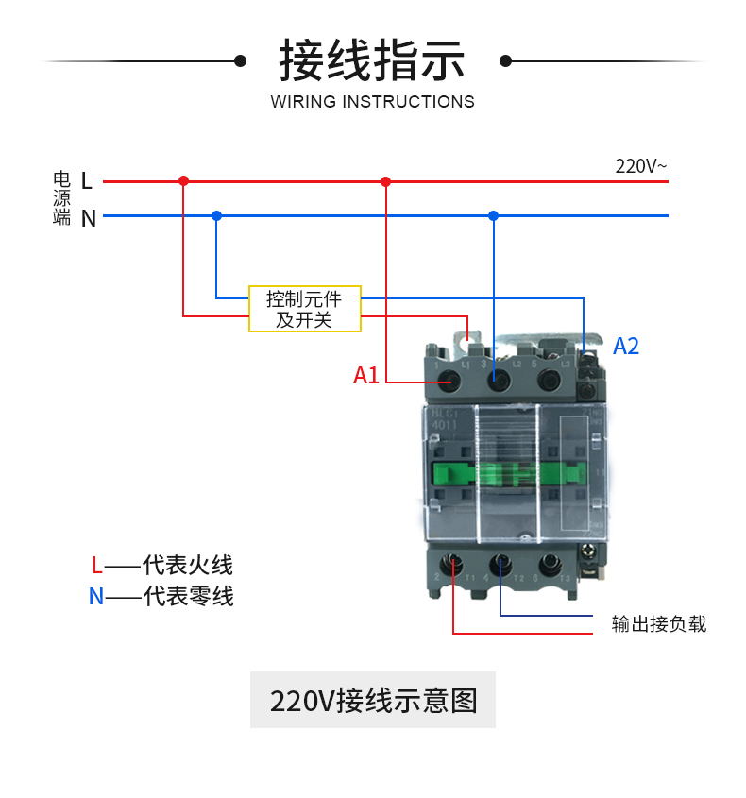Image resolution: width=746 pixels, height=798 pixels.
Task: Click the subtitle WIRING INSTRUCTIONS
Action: (x=372, y=102)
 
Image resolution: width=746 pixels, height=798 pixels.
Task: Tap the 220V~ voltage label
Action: (x=640, y=166)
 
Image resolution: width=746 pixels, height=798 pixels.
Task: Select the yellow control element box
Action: (x=304, y=309)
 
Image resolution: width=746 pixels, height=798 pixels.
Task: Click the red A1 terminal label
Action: (x=366, y=376)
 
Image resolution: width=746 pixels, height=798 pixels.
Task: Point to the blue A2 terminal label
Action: (x=626, y=347)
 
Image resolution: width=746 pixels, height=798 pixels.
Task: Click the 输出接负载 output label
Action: (x=658, y=624)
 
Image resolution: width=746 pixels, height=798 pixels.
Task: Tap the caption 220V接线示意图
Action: (x=373, y=701)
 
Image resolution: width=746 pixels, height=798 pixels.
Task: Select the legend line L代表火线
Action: (x=161, y=566)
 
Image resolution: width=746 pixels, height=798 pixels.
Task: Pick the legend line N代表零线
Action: (x=161, y=597)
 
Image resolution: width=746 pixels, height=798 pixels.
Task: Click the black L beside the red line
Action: (x=87, y=180)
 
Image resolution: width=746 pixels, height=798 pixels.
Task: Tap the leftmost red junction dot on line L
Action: (x=183, y=180)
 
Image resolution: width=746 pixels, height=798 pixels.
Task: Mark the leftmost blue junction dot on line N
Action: (x=216, y=215)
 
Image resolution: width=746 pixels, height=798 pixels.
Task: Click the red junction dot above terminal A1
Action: (x=385, y=180)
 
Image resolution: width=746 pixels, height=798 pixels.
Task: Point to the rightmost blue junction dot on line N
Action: (x=493, y=215)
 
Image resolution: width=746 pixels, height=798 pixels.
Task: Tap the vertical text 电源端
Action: (x=62, y=198)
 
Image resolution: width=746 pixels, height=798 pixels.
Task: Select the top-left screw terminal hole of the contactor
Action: (x=450, y=381)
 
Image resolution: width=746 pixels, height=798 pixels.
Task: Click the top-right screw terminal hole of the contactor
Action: (x=547, y=381)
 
